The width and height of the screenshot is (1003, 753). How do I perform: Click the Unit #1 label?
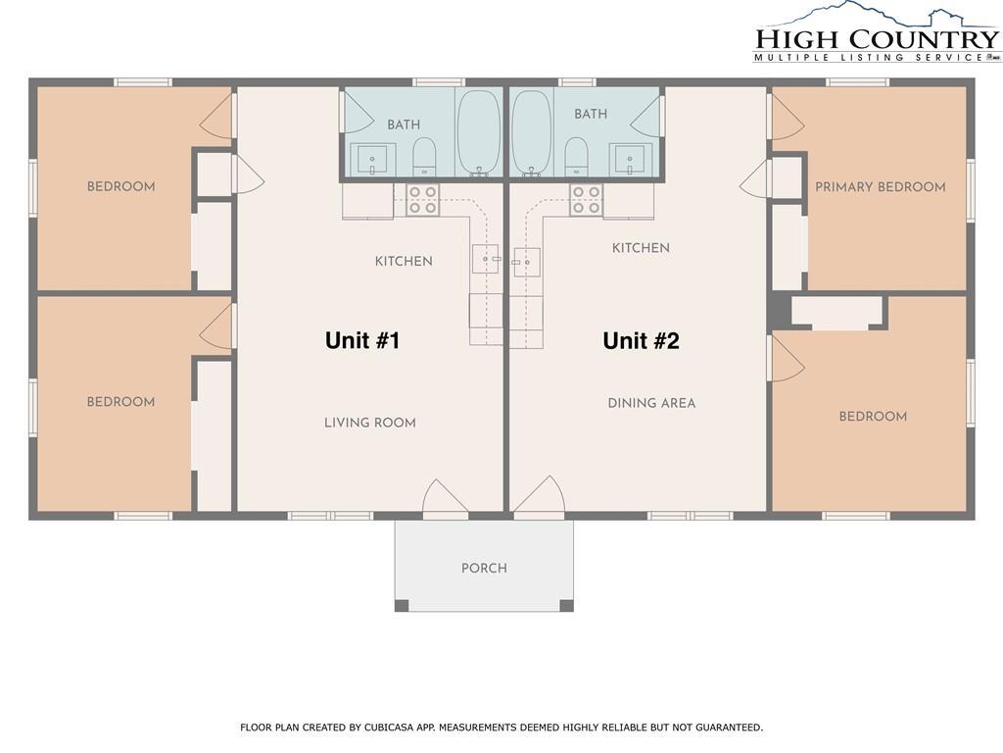pos(361,340)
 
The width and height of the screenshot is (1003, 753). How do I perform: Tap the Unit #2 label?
pos(641,340)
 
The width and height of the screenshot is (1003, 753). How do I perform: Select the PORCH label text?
pos(484,568)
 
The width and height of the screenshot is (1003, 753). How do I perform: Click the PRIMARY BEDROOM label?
pos(880,186)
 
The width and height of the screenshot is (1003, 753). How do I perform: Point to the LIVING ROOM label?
pos(369,423)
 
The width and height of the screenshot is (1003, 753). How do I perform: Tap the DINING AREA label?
pos(651,403)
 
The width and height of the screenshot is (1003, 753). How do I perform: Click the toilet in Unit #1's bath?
pos(424,155)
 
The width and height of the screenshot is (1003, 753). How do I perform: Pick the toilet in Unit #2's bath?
pos(577,155)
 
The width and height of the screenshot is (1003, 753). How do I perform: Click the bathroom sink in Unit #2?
pos(628,159)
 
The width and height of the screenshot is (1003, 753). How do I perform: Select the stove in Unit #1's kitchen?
pos(423,200)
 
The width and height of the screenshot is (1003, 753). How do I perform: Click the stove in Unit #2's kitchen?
pos(586,200)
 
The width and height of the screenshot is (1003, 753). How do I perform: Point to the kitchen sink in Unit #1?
pos(486,259)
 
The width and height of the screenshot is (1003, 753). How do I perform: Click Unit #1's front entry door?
pos(445,499)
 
